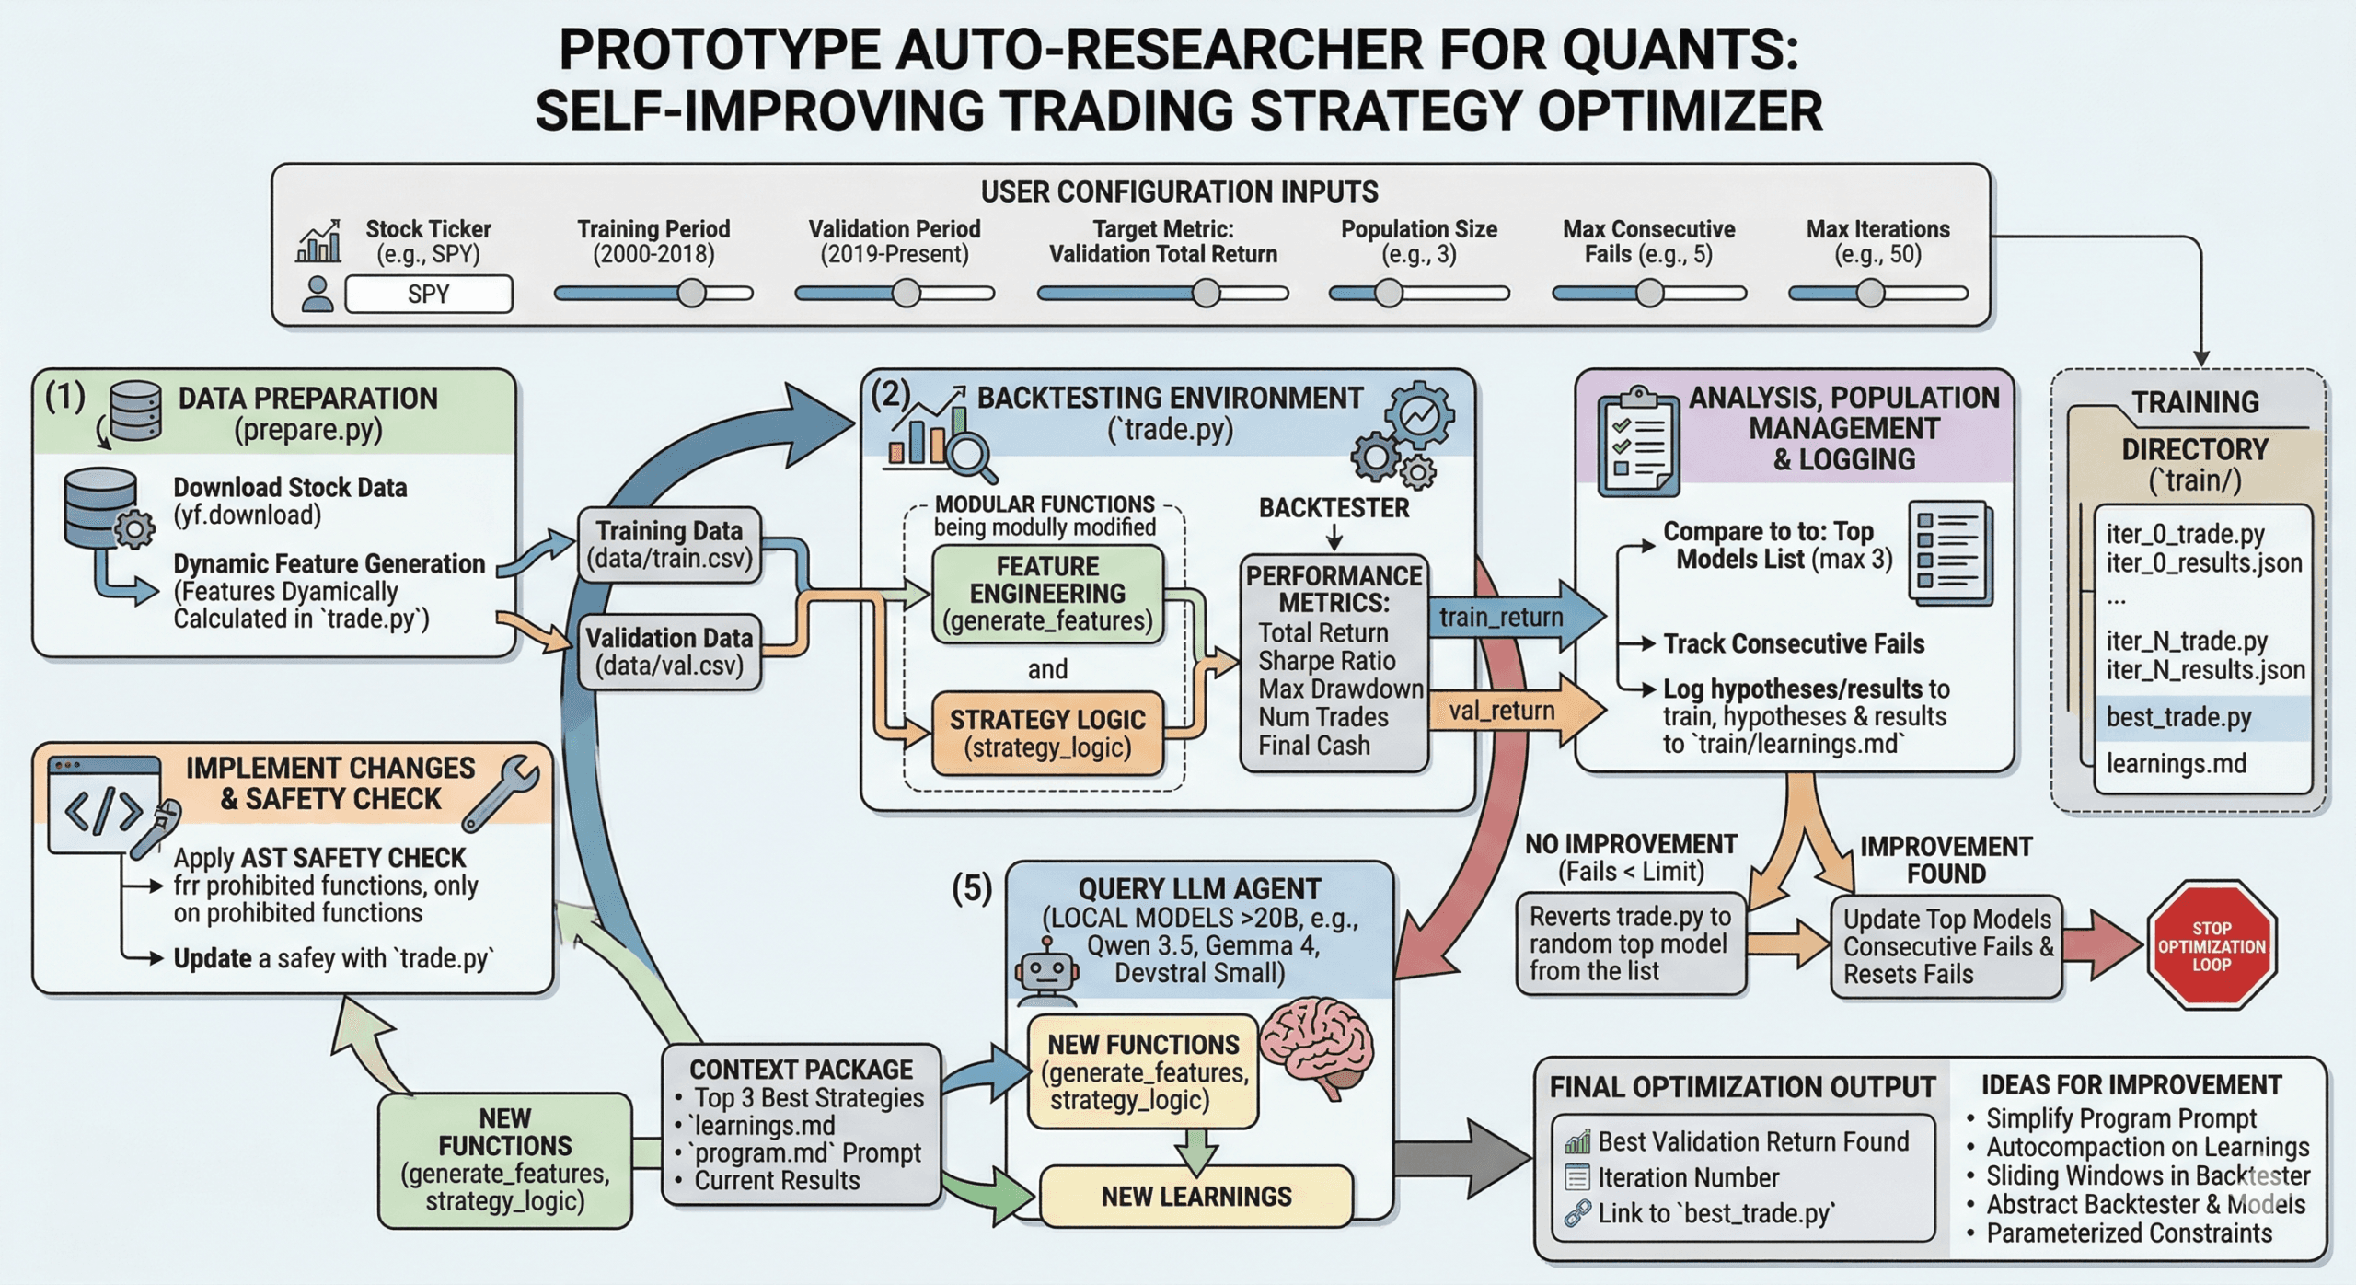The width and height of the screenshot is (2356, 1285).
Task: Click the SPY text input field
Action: point(428,295)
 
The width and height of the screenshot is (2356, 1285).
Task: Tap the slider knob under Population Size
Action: point(1388,294)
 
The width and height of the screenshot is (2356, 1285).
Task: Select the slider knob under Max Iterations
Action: point(1869,294)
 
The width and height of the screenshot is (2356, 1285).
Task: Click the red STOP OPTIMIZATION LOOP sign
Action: point(2211,946)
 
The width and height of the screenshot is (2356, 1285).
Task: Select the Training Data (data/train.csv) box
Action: point(669,545)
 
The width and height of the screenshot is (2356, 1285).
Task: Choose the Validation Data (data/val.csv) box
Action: point(669,652)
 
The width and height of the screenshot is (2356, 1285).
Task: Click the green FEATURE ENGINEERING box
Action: point(1047,594)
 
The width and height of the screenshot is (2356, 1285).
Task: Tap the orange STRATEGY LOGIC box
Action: point(1047,733)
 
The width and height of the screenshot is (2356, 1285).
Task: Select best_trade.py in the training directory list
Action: point(2178,717)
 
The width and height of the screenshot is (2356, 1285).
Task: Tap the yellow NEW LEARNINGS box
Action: point(1195,1197)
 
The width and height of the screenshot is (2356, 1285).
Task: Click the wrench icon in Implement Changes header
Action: point(502,793)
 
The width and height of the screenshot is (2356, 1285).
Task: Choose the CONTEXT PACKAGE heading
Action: point(801,1070)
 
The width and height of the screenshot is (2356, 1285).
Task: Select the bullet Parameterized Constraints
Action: point(2128,1233)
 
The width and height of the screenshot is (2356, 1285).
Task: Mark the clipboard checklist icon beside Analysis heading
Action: point(1638,441)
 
